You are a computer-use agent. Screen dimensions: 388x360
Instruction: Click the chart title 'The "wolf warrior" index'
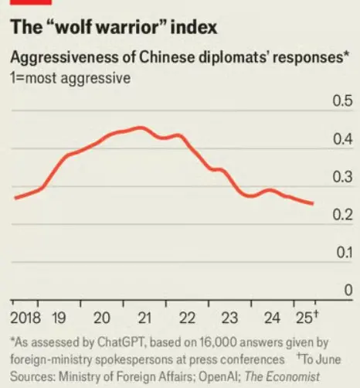pyautogui.click(x=114, y=29)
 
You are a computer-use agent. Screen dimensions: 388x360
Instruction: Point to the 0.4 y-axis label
pyautogui.click(x=341, y=140)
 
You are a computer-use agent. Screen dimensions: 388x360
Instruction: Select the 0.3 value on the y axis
pyautogui.click(x=341, y=178)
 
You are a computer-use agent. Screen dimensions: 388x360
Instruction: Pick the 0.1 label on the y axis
pyautogui.click(x=341, y=254)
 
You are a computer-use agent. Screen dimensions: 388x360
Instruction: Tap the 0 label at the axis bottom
pyautogui.click(x=348, y=290)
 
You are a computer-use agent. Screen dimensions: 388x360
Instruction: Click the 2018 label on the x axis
pyautogui.click(x=26, y=318)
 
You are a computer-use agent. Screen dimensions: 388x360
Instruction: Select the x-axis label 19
pyautogui.click(x=59, y=318)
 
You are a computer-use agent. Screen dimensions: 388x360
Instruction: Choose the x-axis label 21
pyautogui.click(x=144, y=318)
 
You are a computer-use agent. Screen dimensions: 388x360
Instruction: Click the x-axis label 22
pyautogui.click(x=186, y=318)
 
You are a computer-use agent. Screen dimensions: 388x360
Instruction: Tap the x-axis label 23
pyautogui.click(x=229, y=318)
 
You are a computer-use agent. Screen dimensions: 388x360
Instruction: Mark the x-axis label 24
pyautogui.click(x=271, y=318)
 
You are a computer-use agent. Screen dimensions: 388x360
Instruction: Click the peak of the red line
pyautogui.click(x=139, y=128)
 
